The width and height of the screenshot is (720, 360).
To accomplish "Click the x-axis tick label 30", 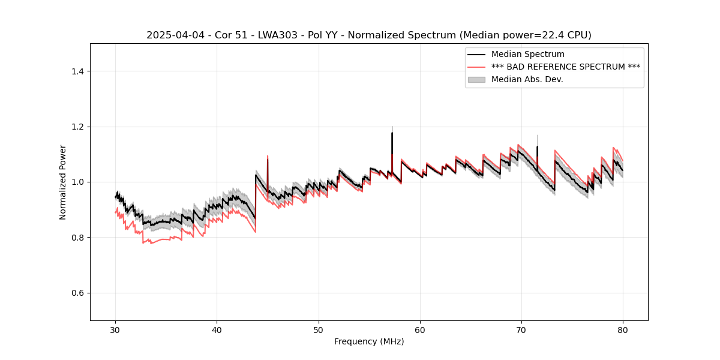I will [x=115, y=329].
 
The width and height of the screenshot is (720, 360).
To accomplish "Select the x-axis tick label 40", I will [x=217, y=329].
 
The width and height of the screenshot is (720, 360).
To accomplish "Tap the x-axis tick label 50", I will [x=318, y=329].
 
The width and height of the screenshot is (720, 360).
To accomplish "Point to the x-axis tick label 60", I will [x=419, y=329].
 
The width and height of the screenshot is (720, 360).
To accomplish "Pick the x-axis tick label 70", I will [x=521, y=329].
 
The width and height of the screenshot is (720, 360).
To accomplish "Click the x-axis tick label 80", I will [x=622, y=329].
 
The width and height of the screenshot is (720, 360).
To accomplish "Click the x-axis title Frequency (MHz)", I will [x=369, y=341].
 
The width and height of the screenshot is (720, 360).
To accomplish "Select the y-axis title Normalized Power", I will [x=63, y=182].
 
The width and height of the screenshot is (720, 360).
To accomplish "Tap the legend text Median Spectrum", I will [x=528, y=55].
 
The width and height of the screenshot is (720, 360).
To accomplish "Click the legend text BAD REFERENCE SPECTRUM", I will [x=566, y=67].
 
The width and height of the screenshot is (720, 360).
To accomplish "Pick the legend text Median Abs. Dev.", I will [x=527, y=80].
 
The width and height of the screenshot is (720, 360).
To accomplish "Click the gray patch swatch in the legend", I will [x=476, y=80].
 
